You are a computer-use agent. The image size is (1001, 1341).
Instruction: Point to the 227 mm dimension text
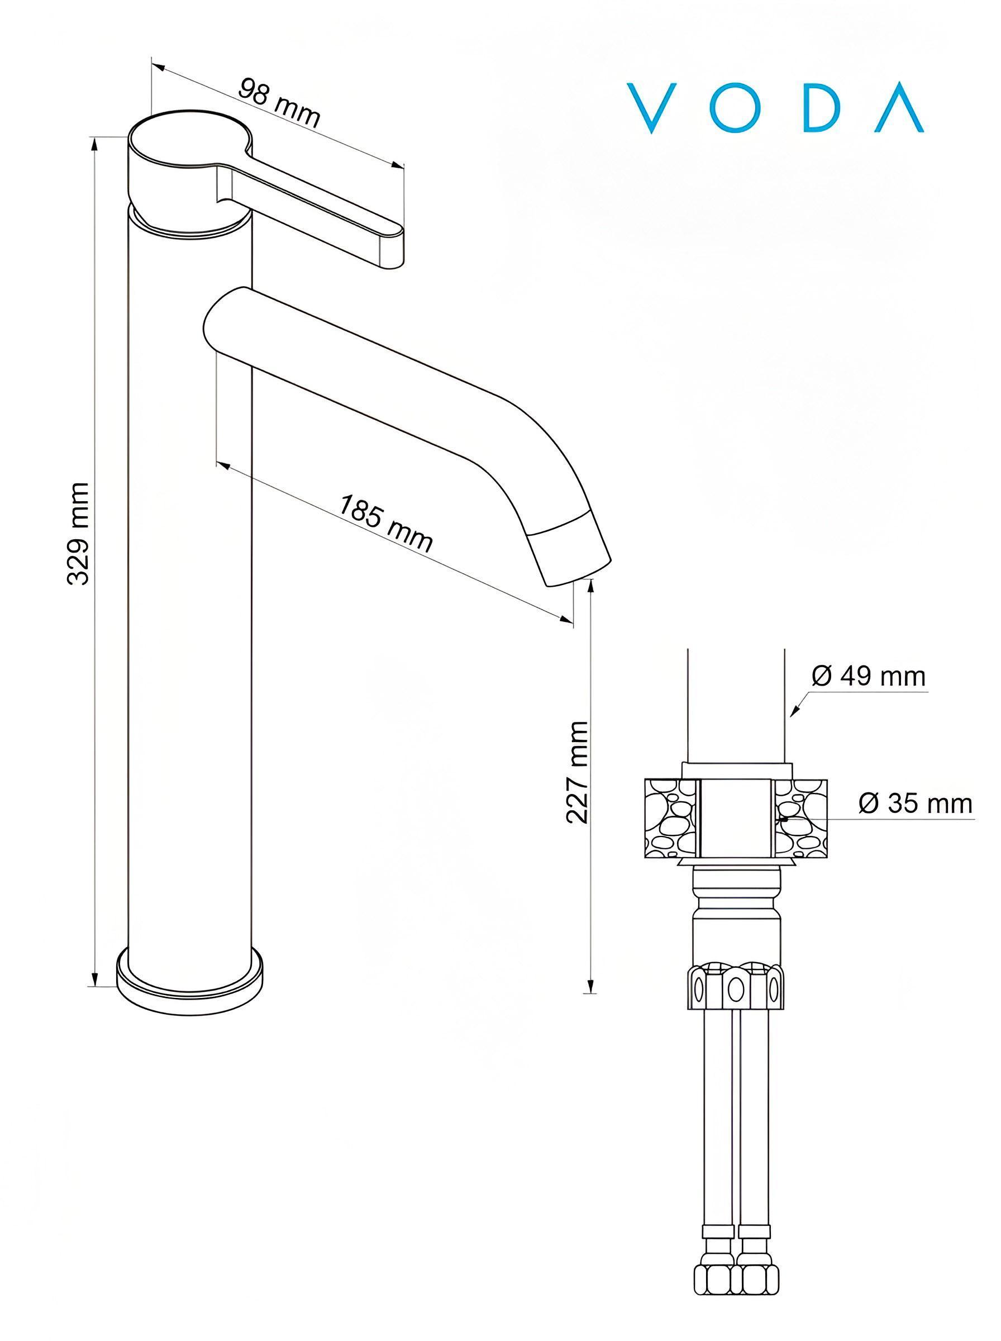point(577,772)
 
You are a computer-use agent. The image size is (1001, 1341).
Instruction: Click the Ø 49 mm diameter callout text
point(869,676)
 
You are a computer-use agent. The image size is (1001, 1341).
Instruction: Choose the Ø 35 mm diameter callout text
point(916,803)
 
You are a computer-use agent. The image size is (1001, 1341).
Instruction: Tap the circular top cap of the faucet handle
point(189,137)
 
